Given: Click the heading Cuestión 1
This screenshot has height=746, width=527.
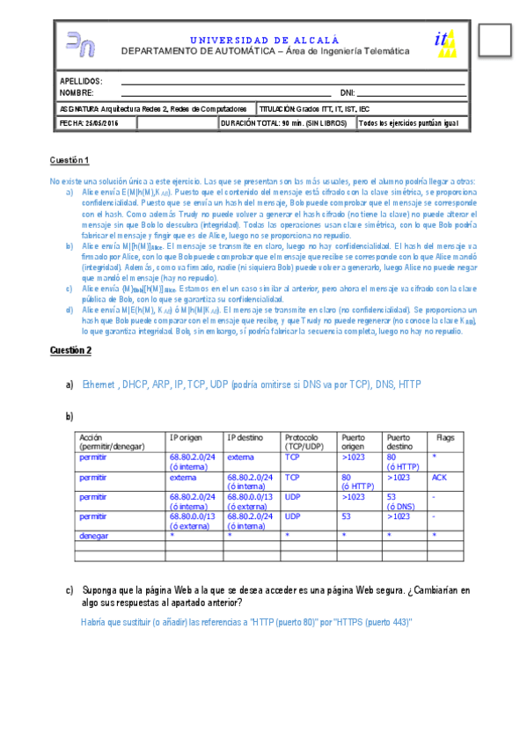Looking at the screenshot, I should point(70,160).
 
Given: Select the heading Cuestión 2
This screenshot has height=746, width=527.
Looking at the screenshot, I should point(70,350).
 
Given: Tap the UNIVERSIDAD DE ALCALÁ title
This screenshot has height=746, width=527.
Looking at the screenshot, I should point(264,40).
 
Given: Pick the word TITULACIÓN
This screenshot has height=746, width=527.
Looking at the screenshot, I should point(276,108).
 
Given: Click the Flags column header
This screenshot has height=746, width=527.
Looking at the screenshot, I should point(442,437).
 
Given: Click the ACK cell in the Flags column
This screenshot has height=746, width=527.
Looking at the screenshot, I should point(440,477).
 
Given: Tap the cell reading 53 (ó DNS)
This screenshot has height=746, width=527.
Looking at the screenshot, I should point(401,501).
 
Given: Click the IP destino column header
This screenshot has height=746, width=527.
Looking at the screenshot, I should point(245,437).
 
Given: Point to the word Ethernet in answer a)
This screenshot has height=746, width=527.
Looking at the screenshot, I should point(99,384).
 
